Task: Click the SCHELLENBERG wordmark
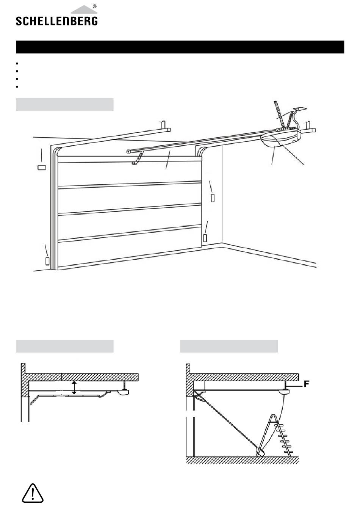coord(56,20)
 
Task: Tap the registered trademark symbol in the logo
coord(94,6)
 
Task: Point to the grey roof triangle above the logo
coord(84,10)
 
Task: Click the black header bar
coord(180,47)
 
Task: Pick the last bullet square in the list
coord(17,86)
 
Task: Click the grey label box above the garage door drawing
coord(64,105)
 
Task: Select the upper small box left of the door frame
coord(42,167)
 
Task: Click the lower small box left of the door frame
coord(48,261)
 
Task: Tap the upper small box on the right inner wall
coord(213,198)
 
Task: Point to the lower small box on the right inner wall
coord(205,238)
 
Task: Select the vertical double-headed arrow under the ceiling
coord(74,387)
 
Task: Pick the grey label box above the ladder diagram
coord(229,346)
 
